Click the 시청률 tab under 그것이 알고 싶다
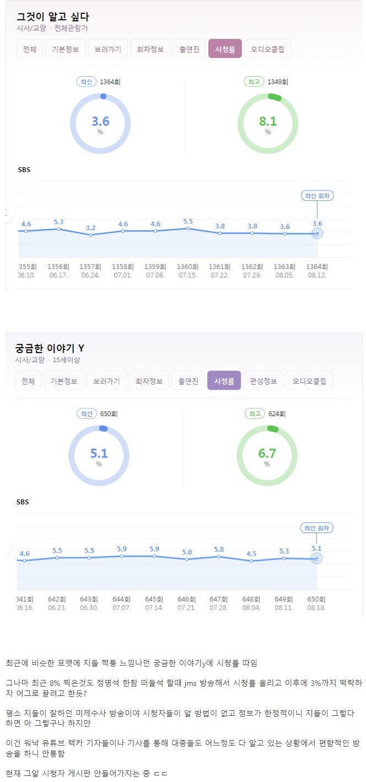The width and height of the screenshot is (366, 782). click(x=224, y=49)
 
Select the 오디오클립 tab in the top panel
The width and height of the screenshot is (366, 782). click(x=267, y=49)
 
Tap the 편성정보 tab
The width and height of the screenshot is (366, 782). click(x=263, y=381)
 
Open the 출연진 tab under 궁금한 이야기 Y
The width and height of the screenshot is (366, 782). click(x=187, y=381)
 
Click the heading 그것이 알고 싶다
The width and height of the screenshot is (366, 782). click(x=53, y=17)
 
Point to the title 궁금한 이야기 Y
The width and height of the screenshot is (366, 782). click(x=50, y=348)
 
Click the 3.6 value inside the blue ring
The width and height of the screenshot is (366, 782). click(x=100, y=121)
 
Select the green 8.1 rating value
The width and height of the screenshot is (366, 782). click(x=267, y=121)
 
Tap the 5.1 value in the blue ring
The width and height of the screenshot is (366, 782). click(x=99, y=454)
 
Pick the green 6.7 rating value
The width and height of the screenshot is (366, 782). click(x=267, y=454)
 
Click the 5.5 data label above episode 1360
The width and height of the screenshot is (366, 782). click(x=188, y=222)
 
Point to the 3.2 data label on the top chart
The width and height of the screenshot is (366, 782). click(x=91, y=227)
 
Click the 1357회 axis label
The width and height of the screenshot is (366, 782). click(x=90, y=267)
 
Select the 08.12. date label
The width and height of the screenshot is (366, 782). click(x=317, y=275)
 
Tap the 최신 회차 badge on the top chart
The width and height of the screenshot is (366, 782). click(x=317, y=196)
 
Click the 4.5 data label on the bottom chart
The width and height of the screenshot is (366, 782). click(x=251, y=554)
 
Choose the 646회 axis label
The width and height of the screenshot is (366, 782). click(x=187, y=599)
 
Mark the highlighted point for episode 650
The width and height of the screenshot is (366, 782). click(x=316, y=558)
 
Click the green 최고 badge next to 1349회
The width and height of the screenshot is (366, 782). click(x=254, y=82)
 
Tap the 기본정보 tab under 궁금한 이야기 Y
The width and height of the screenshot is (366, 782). click(x=64, y=381)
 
